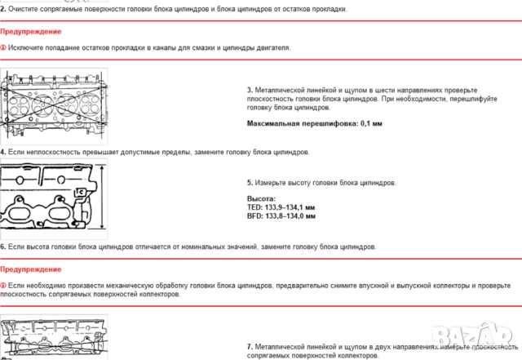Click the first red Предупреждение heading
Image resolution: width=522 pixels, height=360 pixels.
click(x=31, y=31)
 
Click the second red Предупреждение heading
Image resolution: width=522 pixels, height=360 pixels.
click(x=31, y=269)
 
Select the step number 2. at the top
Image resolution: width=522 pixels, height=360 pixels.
click(x=3, y=7)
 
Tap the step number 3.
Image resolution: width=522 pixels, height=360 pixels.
click(x=250, y=89)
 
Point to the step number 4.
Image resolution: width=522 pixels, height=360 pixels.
click(x=3, y=152)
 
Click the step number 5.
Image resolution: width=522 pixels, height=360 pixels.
click(x=250, y=183)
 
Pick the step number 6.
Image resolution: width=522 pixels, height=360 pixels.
click(x=3, y=246)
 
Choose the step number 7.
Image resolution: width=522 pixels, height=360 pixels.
click(x=250, y=346)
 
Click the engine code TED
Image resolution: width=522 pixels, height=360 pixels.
click(x=254, y=207)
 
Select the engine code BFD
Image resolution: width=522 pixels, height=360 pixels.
click(x=254, y=216)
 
